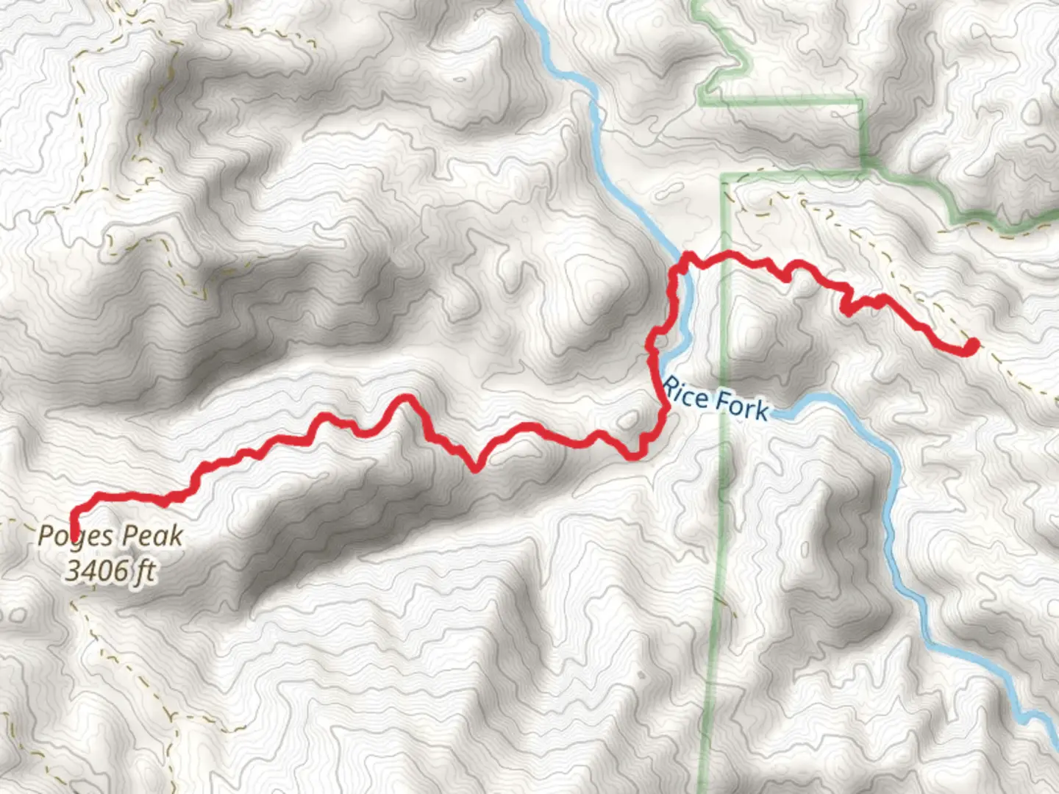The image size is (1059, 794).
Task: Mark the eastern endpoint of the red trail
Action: (x=972, y=345)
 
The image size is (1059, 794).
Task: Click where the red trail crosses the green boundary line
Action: (x=724, y=255)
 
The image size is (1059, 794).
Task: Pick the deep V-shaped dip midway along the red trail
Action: (x=476, y=466)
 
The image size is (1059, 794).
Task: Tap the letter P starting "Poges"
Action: (x=46, y=535)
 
